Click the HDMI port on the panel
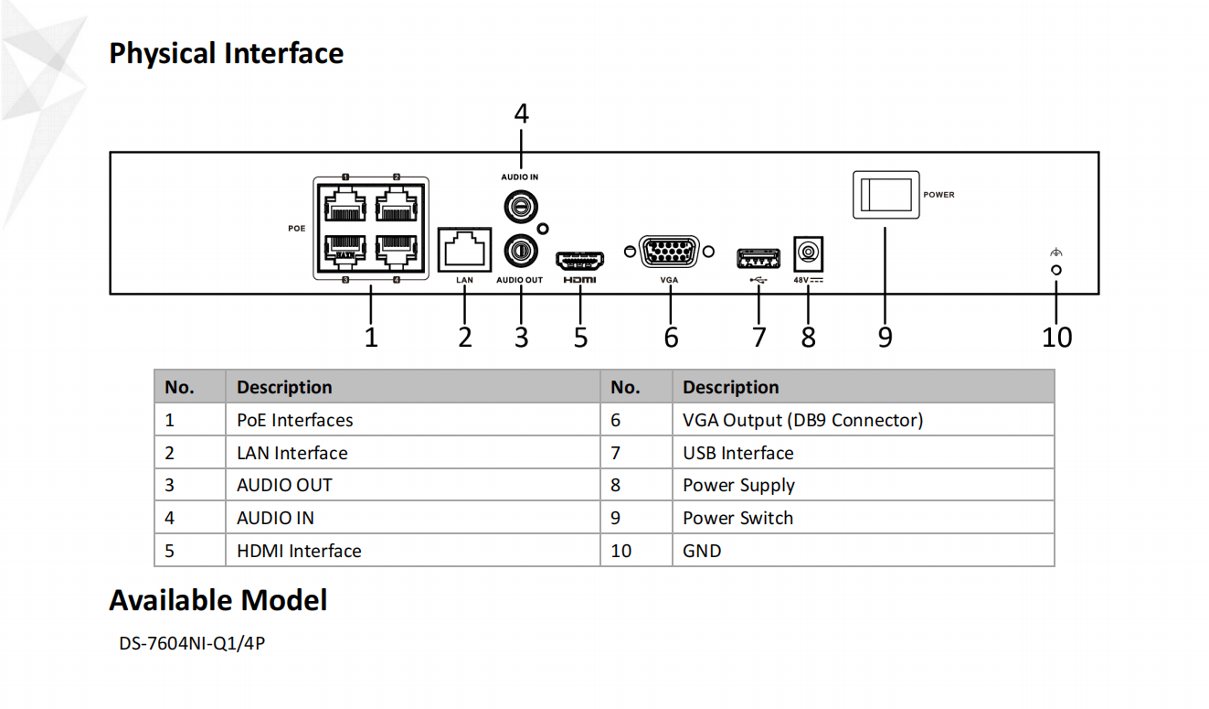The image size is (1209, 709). [x=580, y=259]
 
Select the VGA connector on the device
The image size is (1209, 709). [x=669, y=252]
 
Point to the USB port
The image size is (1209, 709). [x=758, y=258]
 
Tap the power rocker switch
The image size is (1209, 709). [x=885, y=194]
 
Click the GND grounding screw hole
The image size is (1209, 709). [x=1056, y=271]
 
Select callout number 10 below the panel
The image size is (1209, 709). [x=1056, y=337]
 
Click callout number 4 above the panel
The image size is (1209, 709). [x=521, y=114]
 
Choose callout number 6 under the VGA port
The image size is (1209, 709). [x=671, y=337]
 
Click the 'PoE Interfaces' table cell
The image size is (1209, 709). [x=294, y=420]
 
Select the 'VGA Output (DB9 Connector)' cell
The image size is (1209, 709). [x=802, y=420]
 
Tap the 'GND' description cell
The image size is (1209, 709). [x=702, y=551]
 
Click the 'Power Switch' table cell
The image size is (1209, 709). [x=737, y=518]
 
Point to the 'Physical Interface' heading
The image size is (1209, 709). [x=227, y=53]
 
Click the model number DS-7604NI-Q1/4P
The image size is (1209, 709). [x=192, y=643]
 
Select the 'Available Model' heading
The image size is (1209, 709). [x=218, y=600]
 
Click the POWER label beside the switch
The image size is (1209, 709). [x=939, y=195]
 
